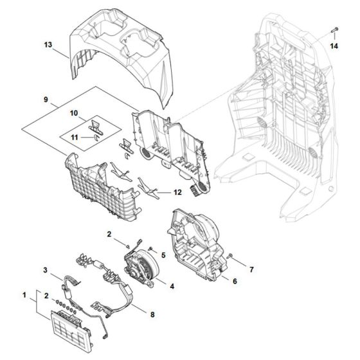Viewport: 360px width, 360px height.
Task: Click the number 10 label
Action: point(75,113)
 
